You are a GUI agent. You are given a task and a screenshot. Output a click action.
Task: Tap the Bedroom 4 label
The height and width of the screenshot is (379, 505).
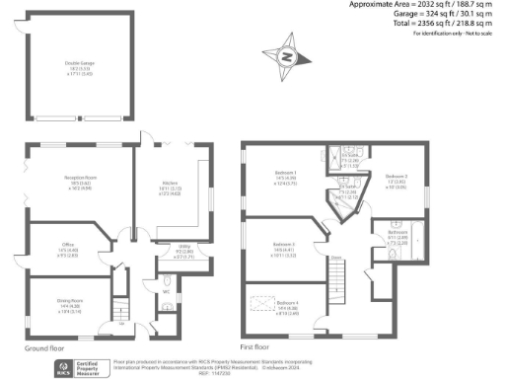[x=288, y=306]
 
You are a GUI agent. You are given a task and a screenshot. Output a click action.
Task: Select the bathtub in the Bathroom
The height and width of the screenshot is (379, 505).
[x=413, y=237]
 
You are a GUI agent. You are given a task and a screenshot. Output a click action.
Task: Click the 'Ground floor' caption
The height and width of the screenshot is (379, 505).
[x=43, y=347]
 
